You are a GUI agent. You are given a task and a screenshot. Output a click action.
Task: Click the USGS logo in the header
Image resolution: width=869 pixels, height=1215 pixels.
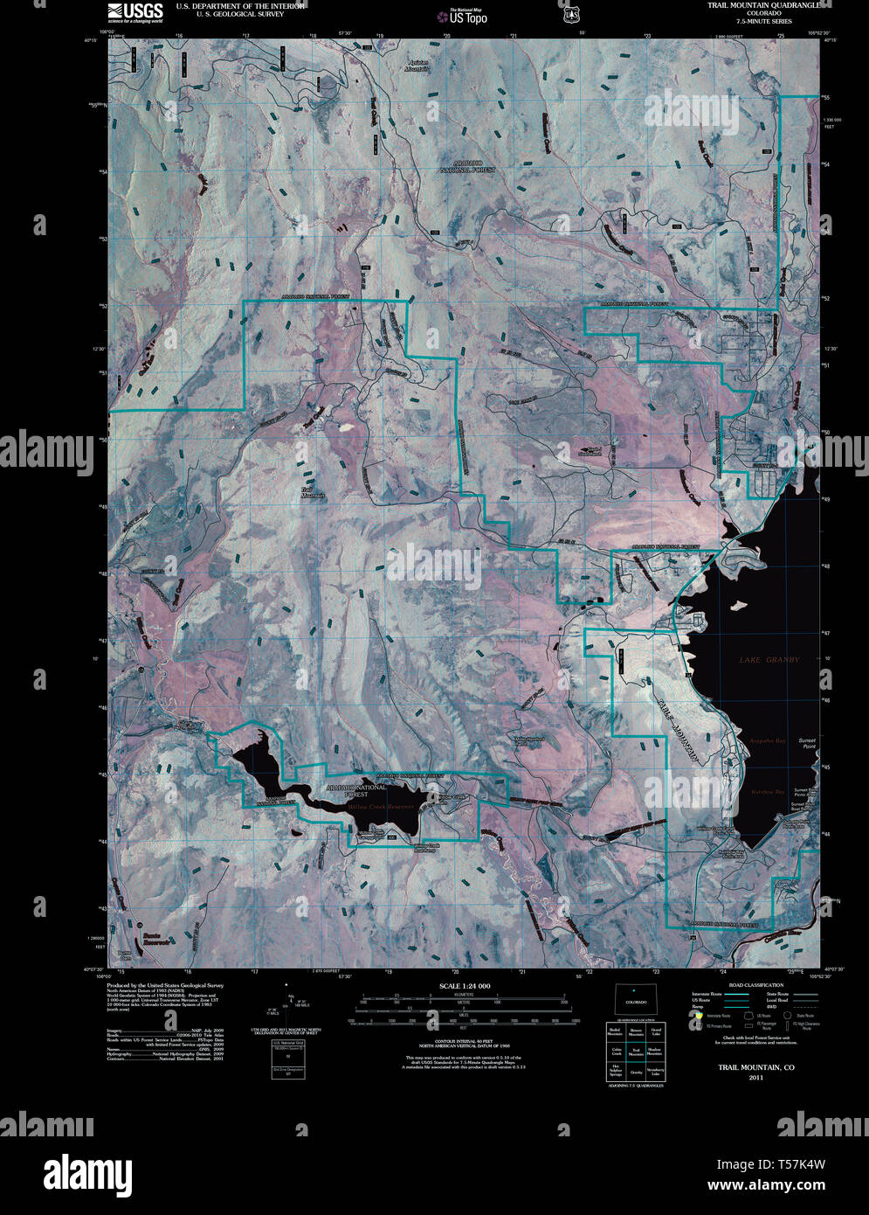[135, 11]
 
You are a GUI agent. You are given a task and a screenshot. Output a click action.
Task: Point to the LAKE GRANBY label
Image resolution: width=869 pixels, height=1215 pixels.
[769, 660]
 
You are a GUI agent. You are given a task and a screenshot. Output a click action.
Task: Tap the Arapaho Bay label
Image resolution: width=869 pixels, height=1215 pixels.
[769, 741]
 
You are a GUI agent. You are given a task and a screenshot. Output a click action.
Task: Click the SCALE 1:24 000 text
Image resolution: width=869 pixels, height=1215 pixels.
[465, 986]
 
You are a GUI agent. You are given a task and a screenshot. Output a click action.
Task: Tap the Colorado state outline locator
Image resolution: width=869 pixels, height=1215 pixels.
[634, 1000]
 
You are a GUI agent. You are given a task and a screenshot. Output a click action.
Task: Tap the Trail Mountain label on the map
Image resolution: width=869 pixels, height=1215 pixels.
[313, 493]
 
